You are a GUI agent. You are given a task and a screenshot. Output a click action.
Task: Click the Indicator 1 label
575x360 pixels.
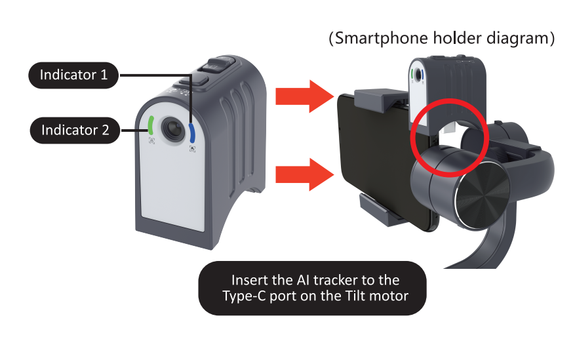pyautogui.click(x=73, y=75)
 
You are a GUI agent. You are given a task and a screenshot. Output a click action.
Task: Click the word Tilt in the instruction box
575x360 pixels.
pyautogui.click(x=356, y=296)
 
